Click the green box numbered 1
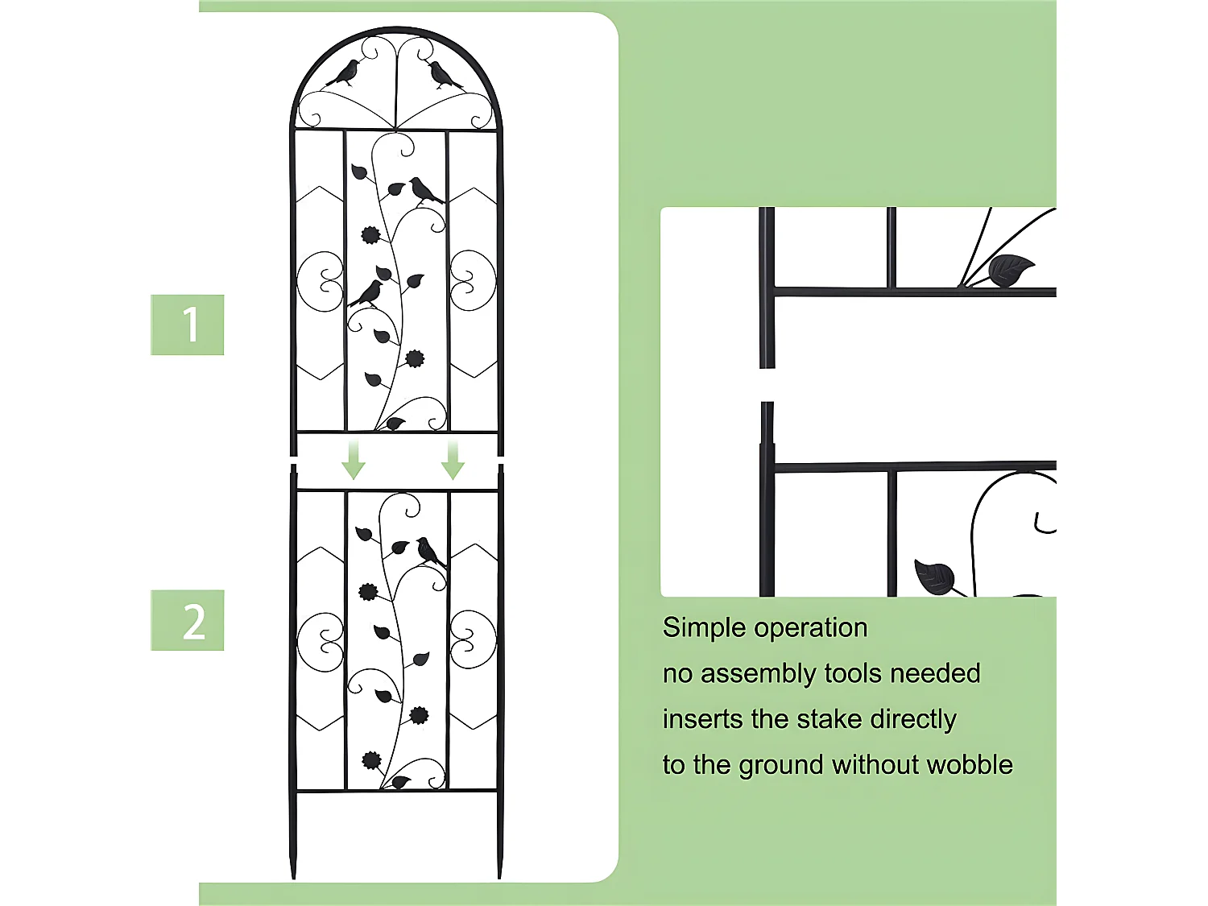click(x=187, y=325)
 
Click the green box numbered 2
click(x=187, y=620)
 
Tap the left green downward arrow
click(x=354, y=460)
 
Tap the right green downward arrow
click(x=453, y=460)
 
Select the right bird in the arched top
click(x=444, y=75)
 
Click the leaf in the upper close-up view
click(x=1011, y=270)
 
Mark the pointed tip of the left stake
click(x=293, y=878)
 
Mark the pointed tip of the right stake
click(x=500, y=878)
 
